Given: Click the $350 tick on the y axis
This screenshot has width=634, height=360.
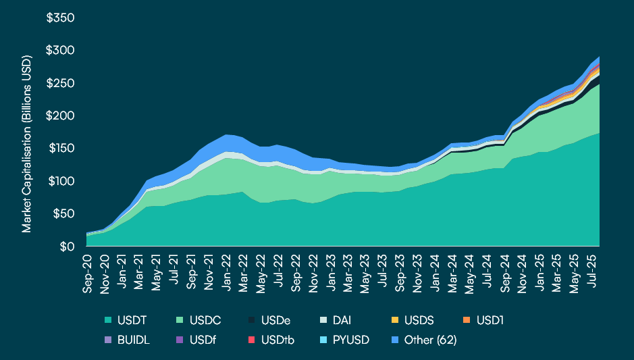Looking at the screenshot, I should [x=60, y=18].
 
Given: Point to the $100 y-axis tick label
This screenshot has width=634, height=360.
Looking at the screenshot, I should [x=60, y=181].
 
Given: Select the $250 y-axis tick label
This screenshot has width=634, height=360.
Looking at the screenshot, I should [x=60, y=83].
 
